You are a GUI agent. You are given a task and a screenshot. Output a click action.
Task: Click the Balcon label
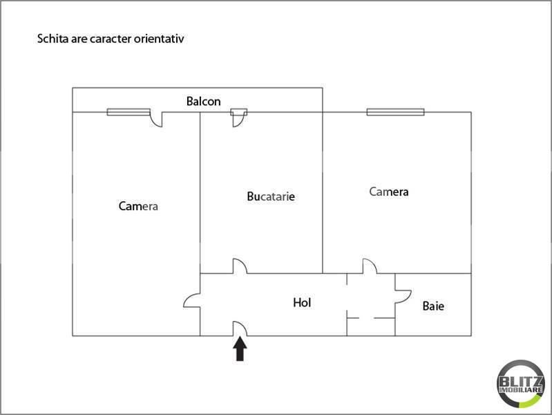click(204, 102)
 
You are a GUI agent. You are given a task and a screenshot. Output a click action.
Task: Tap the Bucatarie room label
click(271, 196)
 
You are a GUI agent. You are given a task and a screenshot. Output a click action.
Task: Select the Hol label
click(302, 302)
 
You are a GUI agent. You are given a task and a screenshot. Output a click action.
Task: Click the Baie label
click(433, 306)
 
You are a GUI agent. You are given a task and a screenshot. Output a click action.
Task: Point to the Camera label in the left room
click(138, 206)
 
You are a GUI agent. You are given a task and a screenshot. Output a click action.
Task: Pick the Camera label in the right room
click(389, 192)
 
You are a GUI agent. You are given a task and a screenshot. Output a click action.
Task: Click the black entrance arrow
click(240, 349)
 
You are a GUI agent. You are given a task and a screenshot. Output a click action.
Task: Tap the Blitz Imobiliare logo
click(521, 384)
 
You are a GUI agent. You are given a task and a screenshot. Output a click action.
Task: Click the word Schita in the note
click(53, 39)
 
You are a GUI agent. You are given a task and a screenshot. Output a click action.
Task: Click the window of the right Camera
click(395, 112)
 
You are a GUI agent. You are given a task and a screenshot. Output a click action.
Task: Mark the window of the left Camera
click(129, 112)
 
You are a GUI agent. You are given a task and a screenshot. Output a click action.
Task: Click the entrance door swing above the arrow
click(240, 329)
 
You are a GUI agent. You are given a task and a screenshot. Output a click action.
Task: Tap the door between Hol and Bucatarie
click(240, 266)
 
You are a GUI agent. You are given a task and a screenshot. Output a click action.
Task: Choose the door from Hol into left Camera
click(191, 300)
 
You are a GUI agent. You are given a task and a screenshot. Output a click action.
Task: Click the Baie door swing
click(403, 297)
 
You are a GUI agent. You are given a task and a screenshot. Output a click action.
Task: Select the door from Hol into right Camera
click(370, 266)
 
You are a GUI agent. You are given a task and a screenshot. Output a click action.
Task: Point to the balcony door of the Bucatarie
click(240, 118)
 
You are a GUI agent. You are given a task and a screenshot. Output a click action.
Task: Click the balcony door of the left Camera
click(156, 119)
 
